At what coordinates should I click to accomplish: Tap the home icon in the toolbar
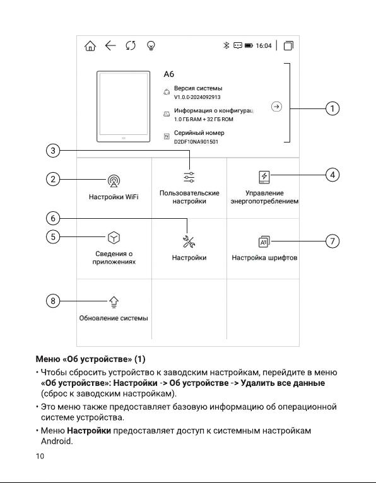tap(90, 46)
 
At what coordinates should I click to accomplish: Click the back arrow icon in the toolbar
tap(110, 45)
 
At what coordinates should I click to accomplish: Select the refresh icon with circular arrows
tap(131, 45)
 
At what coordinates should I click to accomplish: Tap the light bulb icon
tap(151, 46)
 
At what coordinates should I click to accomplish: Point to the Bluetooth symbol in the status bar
tap(226, 45)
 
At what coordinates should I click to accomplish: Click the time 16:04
tap(264, 45)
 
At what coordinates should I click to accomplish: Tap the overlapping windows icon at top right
tap(288, 45)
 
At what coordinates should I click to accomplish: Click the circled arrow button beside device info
tap(276, 107)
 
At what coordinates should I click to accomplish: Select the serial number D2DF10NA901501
tap(196, 142)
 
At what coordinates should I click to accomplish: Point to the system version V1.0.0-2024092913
tap(197, 97)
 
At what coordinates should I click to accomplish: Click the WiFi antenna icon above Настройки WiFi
tap(114, 181)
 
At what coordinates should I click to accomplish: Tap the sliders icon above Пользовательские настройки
tap(189, 177)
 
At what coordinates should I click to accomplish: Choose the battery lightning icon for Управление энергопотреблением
tap(264, 177)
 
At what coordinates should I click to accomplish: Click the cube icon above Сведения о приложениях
tap(114, 238)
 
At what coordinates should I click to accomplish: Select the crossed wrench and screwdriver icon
tap(189, 241)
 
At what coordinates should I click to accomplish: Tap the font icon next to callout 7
tap(264, 241)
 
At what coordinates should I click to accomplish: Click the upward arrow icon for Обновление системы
tap(114, 302)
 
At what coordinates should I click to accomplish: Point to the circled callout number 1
tap(332, 108)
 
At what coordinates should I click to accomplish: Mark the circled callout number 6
tap(53, 218)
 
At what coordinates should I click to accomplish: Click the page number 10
tap(40, 456)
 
